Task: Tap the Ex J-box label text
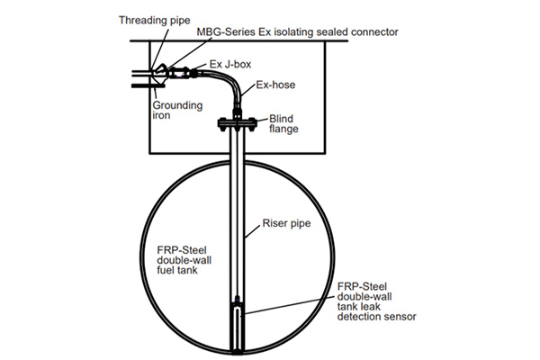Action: tap(222, 65)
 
